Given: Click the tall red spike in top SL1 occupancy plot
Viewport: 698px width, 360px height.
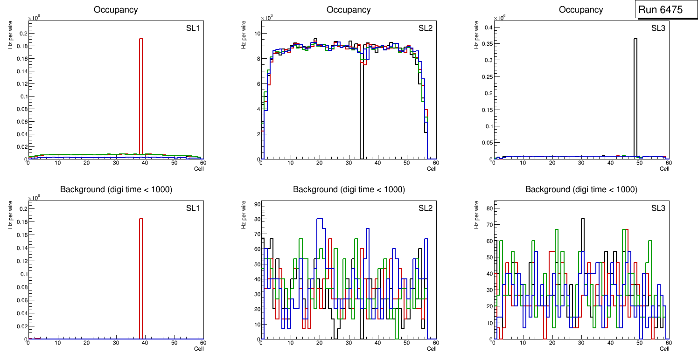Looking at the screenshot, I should (141, 93).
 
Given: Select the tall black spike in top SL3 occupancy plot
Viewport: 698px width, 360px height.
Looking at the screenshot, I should (635, 93).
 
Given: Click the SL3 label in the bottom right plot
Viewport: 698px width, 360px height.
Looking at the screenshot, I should (658, 208).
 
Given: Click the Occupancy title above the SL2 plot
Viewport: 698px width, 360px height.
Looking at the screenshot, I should (349, 10).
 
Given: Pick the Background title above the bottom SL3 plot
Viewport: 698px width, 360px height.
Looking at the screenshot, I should (581, 189).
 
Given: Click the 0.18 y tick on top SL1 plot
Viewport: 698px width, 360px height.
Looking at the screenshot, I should (21, 46).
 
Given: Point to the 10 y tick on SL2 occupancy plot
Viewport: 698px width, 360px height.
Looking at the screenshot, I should (256, 34).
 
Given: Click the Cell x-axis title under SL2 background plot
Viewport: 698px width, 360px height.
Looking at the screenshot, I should (432, 348).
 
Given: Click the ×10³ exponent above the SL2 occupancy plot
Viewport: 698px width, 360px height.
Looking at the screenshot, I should (266, 18).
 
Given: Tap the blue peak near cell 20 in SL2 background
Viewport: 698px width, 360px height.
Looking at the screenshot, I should (320, 219).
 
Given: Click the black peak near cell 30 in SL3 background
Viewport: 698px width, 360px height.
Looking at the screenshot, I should (582, 219).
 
